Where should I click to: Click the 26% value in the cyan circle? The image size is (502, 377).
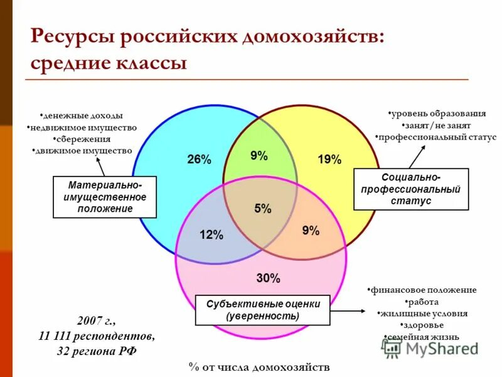[x=199, y=160]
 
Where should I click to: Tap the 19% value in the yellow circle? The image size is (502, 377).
[x=329, y=160]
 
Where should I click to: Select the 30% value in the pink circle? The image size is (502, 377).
[x=269, y=278]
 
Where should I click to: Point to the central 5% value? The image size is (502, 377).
[x=263, y=209]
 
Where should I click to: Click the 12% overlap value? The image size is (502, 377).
[x=211, y=235]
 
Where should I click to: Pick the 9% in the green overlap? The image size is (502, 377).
[x=259, y=156]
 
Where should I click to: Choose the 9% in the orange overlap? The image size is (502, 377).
[x=311, y=231]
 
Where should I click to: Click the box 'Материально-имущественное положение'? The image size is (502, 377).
[x=105, y=197]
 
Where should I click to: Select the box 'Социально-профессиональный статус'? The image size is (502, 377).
[x=411, y=189]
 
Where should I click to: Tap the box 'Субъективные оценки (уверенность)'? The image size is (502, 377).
[x=263, y=310]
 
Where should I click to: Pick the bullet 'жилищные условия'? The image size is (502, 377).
[x=422, y=313]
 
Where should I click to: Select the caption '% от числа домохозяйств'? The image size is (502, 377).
[x=259, y=366]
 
